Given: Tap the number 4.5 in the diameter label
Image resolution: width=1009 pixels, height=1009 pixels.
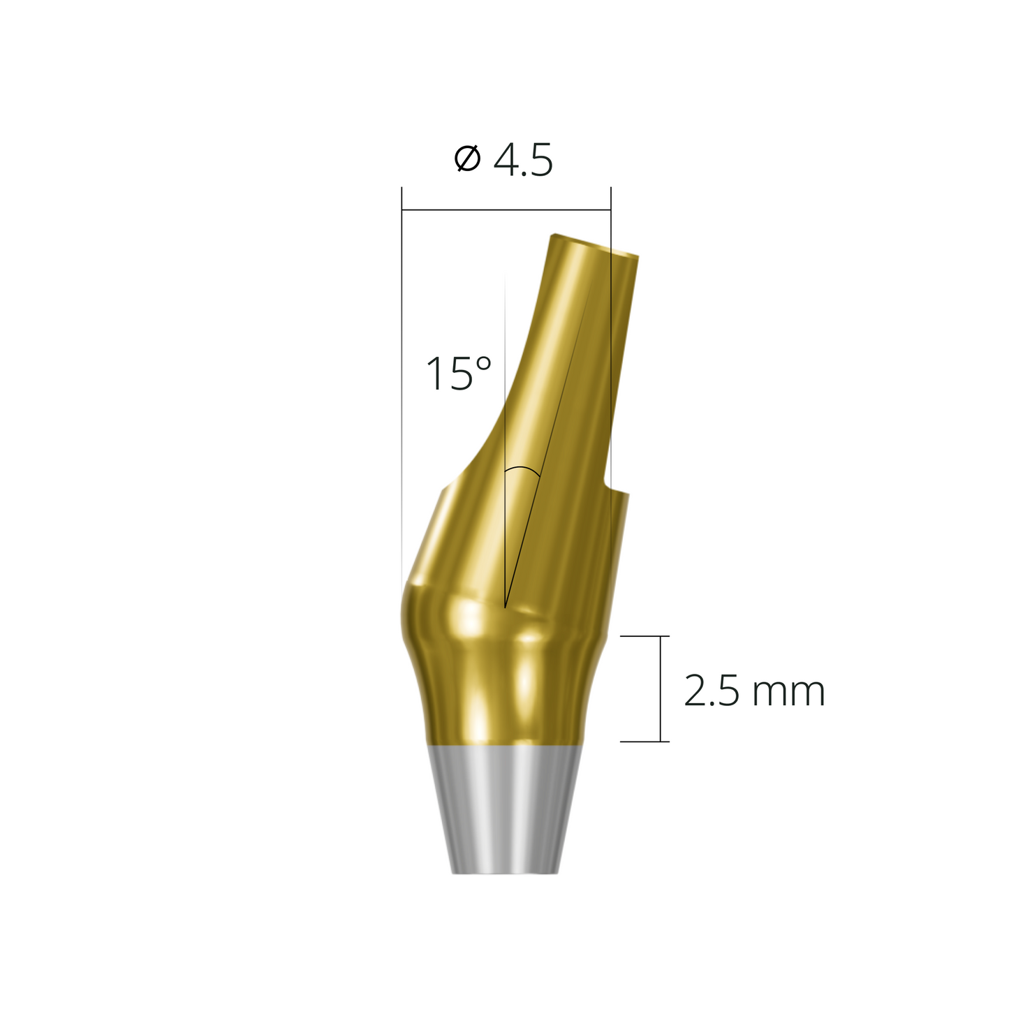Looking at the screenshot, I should point(523,161).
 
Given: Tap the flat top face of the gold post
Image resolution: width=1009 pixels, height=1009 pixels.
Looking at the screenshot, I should point(594,245).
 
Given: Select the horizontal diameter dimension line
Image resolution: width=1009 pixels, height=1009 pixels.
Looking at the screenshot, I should point(506,209).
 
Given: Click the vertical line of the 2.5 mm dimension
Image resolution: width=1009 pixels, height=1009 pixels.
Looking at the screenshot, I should point(660,688).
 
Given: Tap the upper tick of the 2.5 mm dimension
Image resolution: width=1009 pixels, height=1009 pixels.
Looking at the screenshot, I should point(645,636).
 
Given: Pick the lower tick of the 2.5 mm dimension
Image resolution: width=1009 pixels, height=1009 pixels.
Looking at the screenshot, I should point(645,741).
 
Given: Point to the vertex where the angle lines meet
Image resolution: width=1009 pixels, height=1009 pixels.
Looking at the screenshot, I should point(505,607).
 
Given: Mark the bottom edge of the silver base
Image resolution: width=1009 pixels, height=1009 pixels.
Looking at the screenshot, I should point(505,873).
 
